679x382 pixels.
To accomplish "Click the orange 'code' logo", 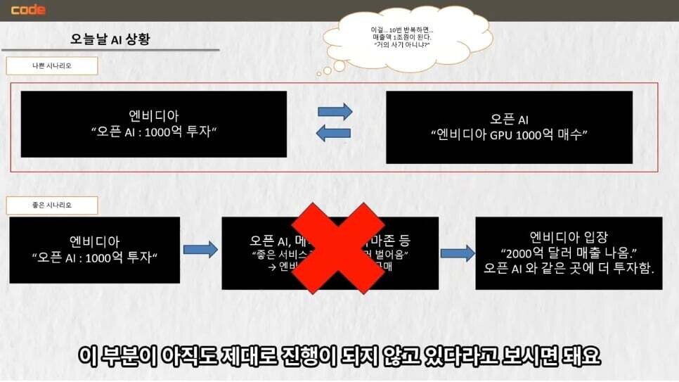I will click(x=28, y=10).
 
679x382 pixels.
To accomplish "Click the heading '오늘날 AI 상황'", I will click(x=110, y=39).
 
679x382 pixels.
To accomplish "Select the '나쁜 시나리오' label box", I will click(x=51, y=66).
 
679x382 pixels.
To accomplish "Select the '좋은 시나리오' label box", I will click(x=51, y=205).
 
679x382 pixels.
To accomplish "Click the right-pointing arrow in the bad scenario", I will click(x=335, y=111).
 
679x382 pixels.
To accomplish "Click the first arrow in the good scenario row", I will click(x=200, y=249).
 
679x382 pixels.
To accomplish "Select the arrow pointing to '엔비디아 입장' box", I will click(x=457, y=253).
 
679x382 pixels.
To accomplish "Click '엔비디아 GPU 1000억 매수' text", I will click(x=509, y=134).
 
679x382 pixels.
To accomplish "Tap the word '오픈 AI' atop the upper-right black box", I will click(x=509, y=118).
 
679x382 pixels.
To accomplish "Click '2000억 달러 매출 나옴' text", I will click(x=568, y=253).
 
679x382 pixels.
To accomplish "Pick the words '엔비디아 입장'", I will click(x=568, y=237).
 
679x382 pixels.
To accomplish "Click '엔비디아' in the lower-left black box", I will click(x=94, y=242).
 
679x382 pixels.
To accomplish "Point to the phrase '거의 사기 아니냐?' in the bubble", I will click(x=401, y=44).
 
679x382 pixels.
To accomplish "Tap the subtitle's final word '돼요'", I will click(x=581, y=356).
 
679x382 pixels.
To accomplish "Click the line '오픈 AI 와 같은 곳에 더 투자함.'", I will click(x=569, y=269).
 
